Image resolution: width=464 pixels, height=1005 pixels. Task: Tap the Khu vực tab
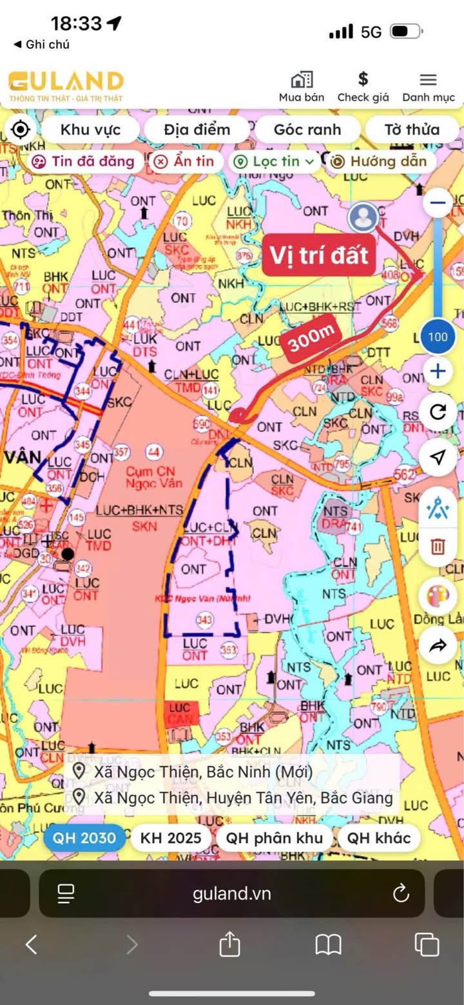[90, 130]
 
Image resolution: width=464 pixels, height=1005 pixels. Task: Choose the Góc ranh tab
[307, 130]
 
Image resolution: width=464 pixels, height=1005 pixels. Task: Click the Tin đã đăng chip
[86, 161]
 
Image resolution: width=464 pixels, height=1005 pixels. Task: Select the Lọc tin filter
[275, 162]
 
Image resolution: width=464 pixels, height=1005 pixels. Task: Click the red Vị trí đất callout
[318, 255]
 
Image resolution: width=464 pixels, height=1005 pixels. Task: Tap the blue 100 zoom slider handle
[438, 337]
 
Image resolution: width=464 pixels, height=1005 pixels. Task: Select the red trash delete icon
[438, 547]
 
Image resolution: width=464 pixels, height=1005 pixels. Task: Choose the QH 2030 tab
[84, 839]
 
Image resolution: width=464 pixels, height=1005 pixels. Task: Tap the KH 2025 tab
[171, 839]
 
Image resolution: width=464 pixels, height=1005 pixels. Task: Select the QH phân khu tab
[275, 839]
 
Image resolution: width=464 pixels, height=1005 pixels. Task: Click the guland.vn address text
[232, 893]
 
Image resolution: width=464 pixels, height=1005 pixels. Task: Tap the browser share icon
[229, 946]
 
